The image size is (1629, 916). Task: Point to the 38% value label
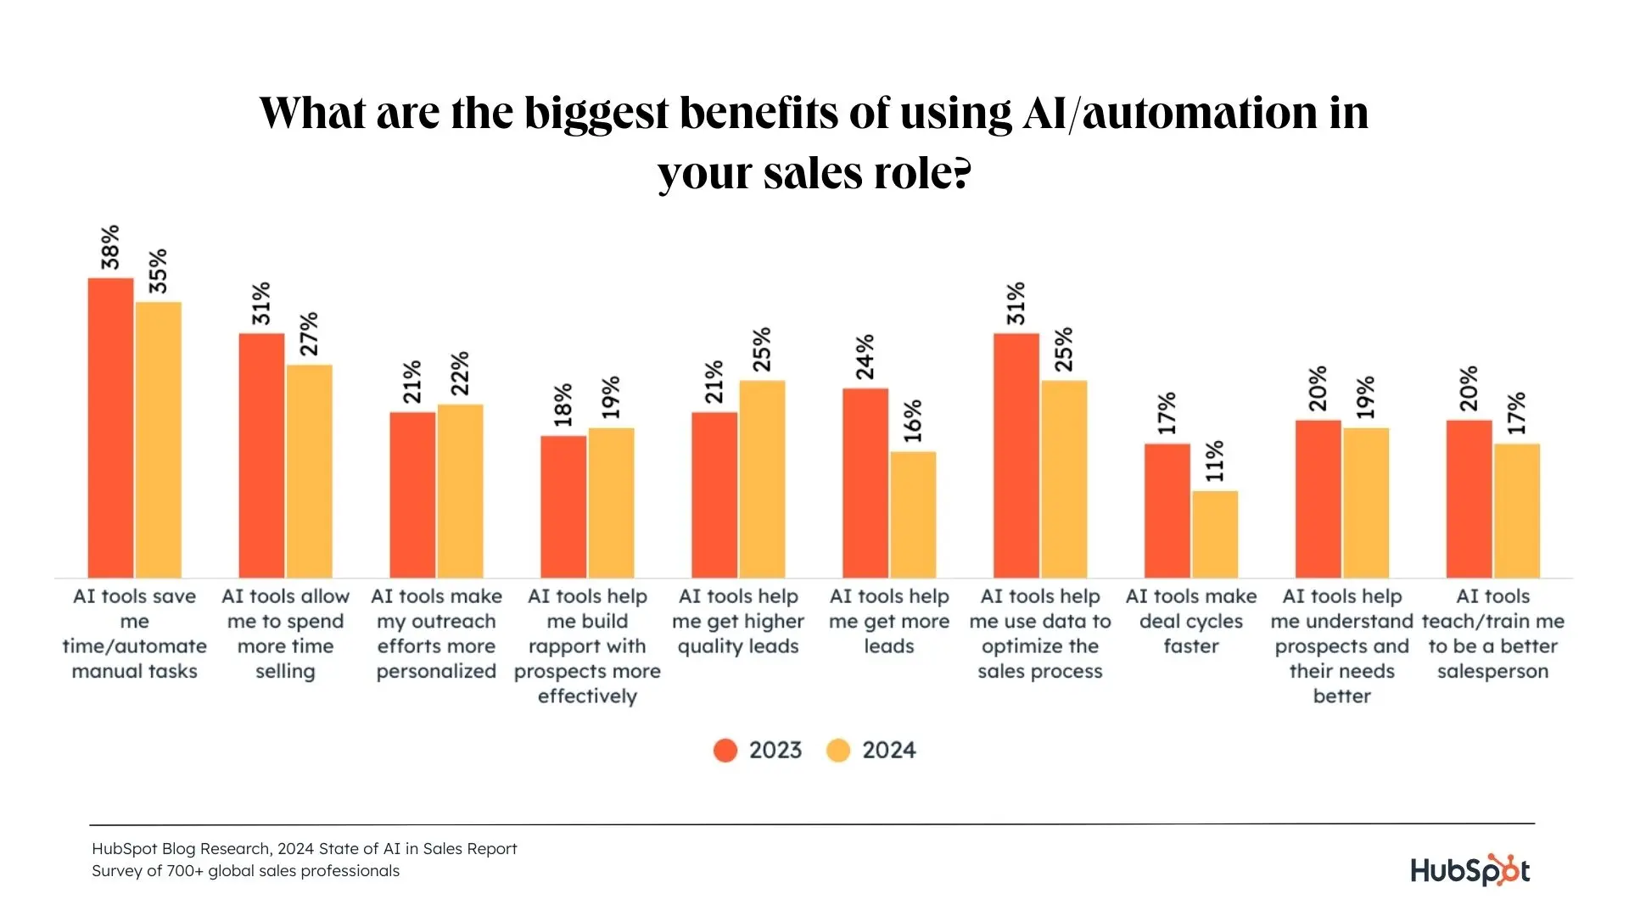pyautogui.click(x=111, y=248)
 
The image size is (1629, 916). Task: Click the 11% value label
pyautogui.click(x=1215, y=461)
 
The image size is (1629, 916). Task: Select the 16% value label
pyautogui.click(x=913, y=422)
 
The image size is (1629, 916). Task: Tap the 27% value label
pyautogui.click(x=310, y=334)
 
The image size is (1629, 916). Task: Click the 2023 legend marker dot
pyautogui.click(x=725, y=751)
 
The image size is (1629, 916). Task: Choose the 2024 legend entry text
pyautogui.click(x=889, y=751)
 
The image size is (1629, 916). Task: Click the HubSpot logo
pyautogui.click(x=1470, y=871)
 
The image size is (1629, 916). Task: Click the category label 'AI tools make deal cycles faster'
pyautogui.click(x=1191, y=622)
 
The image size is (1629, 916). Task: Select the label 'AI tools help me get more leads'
pyautogui.click(x=889, y=622)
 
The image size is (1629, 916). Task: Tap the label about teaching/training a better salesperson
pyautogui.click(x=1493, y=634)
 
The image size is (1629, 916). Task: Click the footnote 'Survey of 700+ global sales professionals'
pyautogui.click(x=246, y=871)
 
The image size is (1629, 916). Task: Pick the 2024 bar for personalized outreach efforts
pyautogui.click(x=460, y=491)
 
